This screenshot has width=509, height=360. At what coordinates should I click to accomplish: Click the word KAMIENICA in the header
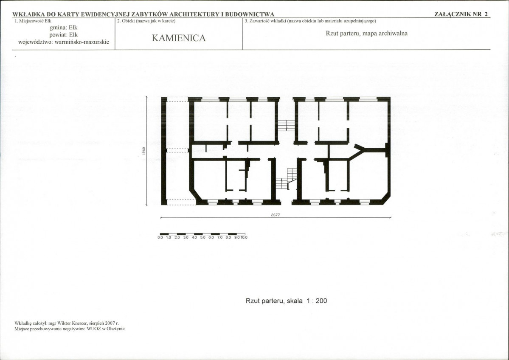point(179,38)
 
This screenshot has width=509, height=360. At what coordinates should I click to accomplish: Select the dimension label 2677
point(275,214)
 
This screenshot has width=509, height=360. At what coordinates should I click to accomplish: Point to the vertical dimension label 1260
point(143,151)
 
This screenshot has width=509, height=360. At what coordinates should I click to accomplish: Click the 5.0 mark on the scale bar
point(202,237)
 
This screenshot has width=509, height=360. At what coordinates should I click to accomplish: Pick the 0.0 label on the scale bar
point(160,237)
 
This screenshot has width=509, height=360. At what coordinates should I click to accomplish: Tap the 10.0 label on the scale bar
point(244,237)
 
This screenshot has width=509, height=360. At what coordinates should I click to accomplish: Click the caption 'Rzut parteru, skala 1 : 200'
point(286,301)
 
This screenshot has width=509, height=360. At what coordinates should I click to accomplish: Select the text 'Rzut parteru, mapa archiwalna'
point(366,33)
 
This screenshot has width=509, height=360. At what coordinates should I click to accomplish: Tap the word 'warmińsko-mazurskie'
point(82,42)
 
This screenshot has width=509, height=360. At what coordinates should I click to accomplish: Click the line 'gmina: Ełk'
point(64,28)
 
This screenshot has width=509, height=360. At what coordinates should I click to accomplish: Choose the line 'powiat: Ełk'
point(64,35)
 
